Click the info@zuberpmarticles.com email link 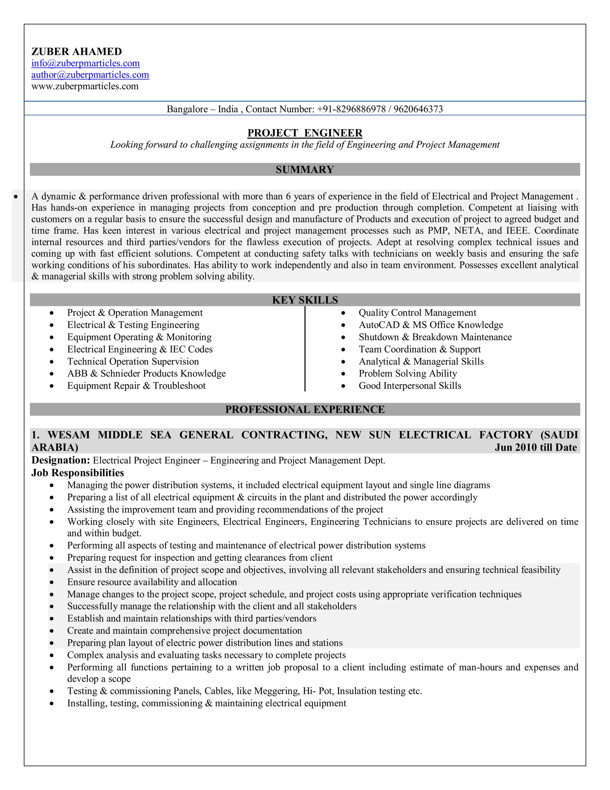click(x=85, y=63)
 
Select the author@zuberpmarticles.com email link click(x=90, y=75)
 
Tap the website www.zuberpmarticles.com click(x=85, y=86)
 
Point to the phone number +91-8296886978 click(x=351, y=109)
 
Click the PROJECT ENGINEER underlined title click(x=305, y=133)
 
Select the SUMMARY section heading click(x=305, y=170)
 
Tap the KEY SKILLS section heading click(x=305, y=300)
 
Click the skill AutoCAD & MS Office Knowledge click(x=430, y=325)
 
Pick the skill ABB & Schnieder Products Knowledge click(x=146, y=373)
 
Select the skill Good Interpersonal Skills click(x=410, y=385)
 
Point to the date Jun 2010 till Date click(x=536, y=447)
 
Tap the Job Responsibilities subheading click(x=77, y=473)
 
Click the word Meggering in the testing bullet click(x=276, y=691)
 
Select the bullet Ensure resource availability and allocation click(x=152, y=582)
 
